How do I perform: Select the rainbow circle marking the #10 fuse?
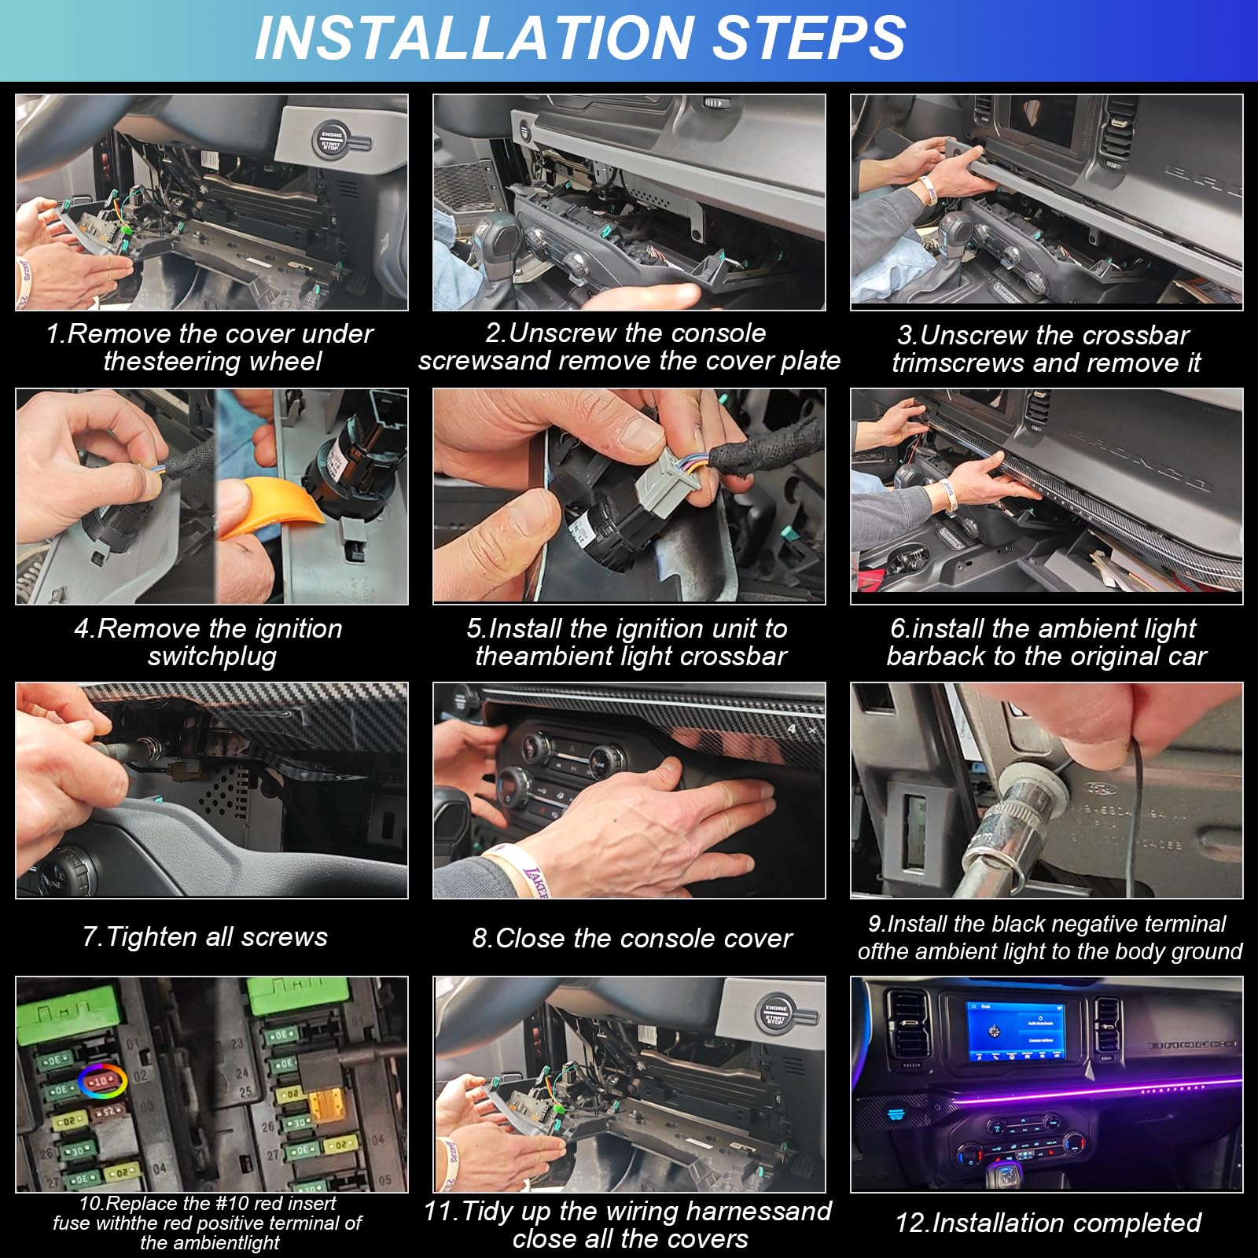pos(102,1082)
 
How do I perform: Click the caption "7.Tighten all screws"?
pos(205,936)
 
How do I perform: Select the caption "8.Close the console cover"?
pos(632,938)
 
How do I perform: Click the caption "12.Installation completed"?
pos(1048,1223)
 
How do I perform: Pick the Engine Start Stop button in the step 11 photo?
pos(775,1014)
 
